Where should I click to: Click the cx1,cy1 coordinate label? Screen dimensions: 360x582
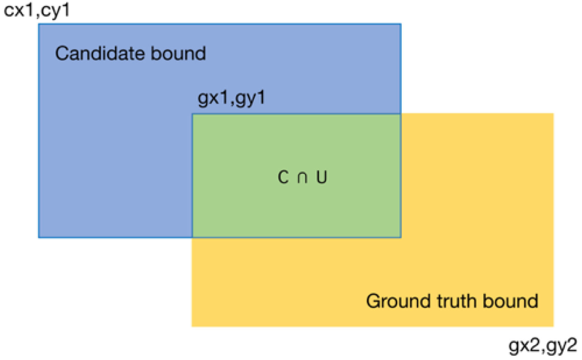(36, 10)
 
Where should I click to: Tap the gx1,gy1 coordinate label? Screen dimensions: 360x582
(231, 98)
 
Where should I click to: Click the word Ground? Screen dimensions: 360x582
(398, 302)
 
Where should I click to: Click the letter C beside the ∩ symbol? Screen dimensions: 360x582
(283, 177)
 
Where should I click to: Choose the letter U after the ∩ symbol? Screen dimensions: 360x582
(322, 177)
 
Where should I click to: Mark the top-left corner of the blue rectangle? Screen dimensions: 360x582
(39, 24)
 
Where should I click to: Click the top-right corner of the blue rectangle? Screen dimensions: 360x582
(401, 24)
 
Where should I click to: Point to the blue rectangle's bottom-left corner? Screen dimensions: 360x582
(39, 237)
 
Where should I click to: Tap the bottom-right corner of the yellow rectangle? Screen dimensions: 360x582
(553, 326)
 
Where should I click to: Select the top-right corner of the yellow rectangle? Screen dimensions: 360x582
(553, 114)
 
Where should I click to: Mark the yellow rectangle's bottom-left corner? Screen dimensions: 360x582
(192, 326)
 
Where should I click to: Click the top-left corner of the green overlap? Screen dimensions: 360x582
(193, 114)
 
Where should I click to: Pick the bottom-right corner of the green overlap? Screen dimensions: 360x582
(401, 237)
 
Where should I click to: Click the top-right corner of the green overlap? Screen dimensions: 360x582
(401, 114)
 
